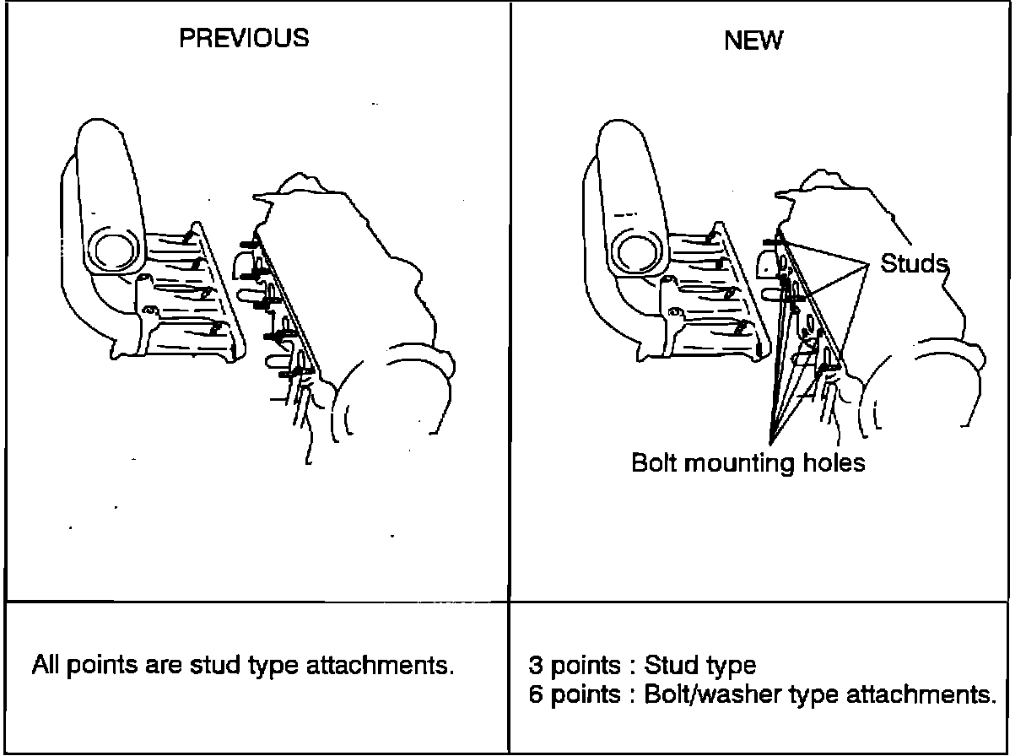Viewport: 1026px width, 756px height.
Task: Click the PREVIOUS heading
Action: coord(245,38)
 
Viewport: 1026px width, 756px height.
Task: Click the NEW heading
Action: coord(753,40)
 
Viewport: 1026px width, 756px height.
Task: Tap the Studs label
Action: coord(914,263)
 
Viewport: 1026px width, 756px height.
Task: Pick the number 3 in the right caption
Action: coord(535,667)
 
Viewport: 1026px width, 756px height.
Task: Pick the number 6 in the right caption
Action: coord(535,696)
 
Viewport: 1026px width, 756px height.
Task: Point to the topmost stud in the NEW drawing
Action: coord(772,242)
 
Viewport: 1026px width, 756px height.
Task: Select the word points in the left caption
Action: coord(98,666)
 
